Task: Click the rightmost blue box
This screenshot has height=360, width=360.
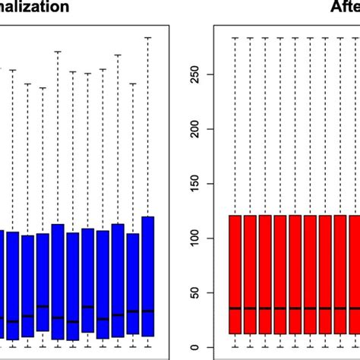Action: [147, 276]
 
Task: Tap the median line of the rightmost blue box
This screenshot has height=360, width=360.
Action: [147, 311]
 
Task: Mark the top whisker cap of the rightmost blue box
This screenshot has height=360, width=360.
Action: [147, 37]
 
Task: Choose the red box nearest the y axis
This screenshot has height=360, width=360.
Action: [235, 274]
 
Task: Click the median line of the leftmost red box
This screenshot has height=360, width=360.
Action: [235, 308]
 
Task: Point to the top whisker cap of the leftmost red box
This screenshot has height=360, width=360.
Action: [235, 37]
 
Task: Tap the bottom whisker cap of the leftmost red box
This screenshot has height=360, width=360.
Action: [235, 347]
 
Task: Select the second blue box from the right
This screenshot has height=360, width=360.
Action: [133, 283]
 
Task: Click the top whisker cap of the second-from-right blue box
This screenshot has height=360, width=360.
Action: [133, 84]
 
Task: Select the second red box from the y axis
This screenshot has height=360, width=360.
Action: [250, 274]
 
